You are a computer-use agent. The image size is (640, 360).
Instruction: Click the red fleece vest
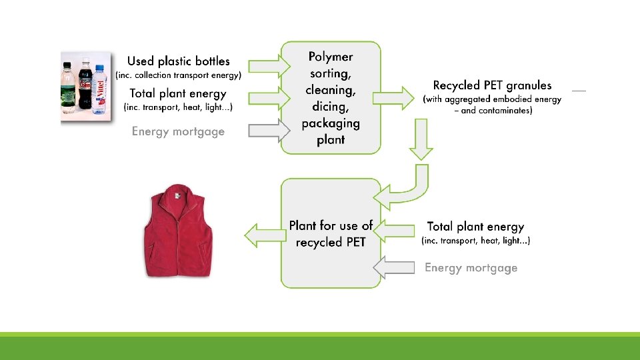tap(177, 233)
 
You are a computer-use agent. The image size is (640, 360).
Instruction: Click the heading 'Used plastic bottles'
tap(178, 61)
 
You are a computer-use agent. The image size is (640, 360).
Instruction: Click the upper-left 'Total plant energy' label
tap(178, 93)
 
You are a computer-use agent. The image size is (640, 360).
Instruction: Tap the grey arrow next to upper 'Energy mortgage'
tap(267, 131)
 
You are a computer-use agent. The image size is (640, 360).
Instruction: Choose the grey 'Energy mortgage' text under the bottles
tap(178, 131)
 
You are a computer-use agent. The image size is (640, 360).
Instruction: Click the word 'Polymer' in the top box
tap(331, 57)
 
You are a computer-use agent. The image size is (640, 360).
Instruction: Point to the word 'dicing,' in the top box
tap(331, 106)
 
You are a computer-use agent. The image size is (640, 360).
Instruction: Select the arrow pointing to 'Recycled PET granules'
tap(393, 98)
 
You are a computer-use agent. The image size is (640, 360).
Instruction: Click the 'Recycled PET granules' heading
tap(492, 85)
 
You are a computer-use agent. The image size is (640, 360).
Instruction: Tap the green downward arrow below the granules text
tap(420, 141)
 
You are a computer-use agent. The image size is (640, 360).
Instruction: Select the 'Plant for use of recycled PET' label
tap(331, 234)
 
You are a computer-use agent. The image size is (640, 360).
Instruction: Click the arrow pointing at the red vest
tap(261, 235)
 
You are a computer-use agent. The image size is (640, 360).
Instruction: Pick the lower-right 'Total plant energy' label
tap(475, 227)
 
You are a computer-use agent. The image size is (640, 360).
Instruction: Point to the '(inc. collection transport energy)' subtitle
tap(178, 75)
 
